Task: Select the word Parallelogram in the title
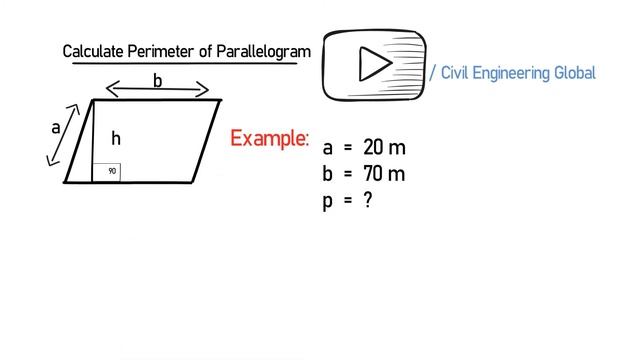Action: pos(263,51)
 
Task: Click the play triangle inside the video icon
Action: pos(375,65)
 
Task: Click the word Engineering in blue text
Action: pos(518,73)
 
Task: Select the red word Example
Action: pos(269,138)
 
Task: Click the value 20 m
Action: pos(385,148)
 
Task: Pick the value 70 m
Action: pos(385,174)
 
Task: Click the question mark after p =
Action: pos(368,200)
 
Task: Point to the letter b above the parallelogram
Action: pos(158,80)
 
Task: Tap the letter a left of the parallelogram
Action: pos(56,128)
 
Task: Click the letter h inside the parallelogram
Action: pos(116,139)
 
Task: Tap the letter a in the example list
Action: pos(328,149)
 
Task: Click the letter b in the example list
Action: pos(328,174)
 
